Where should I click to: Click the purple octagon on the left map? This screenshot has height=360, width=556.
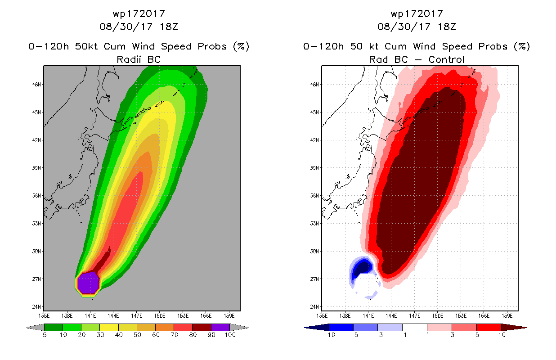click(x=88, y=283)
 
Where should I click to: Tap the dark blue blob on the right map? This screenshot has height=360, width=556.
click(x=363, y=269)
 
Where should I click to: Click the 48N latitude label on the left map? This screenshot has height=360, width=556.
click(x=36, y=85)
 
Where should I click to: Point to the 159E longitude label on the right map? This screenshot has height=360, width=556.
click(x=507, y=316)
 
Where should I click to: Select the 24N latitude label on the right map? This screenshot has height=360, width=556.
click(x=314, y=306)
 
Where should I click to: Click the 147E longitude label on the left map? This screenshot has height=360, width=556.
click(x=136, y=316)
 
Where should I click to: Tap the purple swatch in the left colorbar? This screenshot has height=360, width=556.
click(x=220, y=327)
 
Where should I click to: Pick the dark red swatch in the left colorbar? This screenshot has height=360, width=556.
click(x=202, y=327)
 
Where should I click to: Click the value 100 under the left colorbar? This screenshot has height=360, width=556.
click(x=230, y=335)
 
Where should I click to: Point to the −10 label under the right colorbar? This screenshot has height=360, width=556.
click(x=329, y=335)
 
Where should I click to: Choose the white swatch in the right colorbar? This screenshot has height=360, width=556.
click(x=414, y=327)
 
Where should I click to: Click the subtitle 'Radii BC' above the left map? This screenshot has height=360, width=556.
click(x=139, y=59)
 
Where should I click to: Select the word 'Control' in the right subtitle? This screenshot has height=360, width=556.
click(x=446, y=59)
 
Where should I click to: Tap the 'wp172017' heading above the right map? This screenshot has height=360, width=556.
click(x=417, y=14)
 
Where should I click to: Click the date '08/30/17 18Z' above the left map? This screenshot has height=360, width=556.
click(x=139, y=27)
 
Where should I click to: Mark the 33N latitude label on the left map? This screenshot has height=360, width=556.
click(x=36, y=224)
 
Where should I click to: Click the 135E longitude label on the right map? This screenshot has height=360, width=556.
click(x=322, y=316)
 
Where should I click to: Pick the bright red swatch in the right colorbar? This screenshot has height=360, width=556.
click(x=489, y=327)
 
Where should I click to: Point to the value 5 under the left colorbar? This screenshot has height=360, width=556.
click(x=45, y=335)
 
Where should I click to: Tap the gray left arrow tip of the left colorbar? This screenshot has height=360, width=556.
click(x=26, y=328)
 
